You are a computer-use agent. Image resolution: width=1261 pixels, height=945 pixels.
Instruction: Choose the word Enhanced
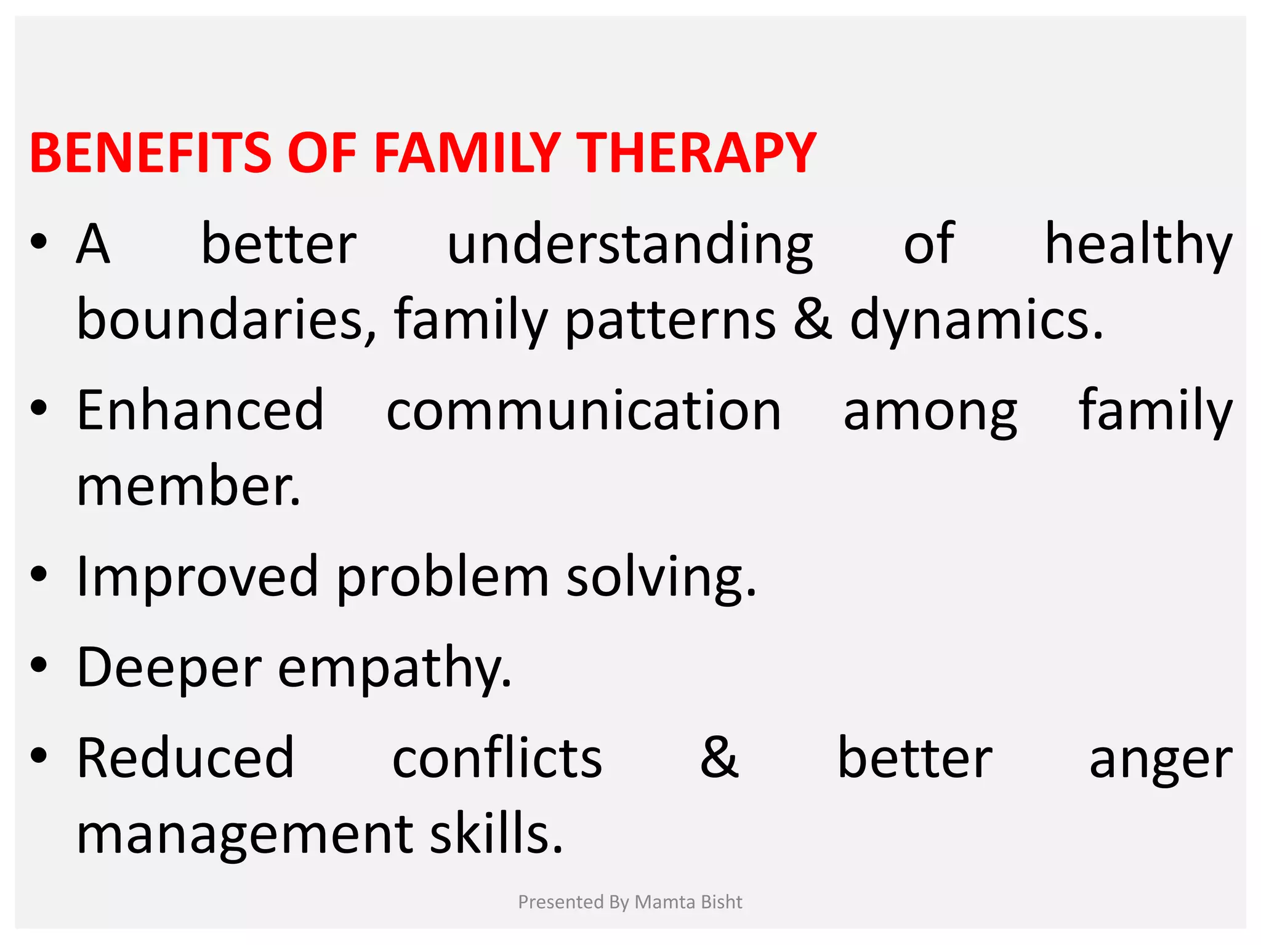[200, 411]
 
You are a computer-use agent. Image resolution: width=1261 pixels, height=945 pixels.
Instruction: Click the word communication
[584, 411]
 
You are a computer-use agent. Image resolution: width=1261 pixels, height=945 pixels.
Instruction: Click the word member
[188, 486]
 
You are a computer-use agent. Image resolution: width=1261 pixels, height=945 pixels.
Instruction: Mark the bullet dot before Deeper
[39, 665]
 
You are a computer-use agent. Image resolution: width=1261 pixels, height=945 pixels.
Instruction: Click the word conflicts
[497, 758]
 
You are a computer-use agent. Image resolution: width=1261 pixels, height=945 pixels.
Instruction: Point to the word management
[244, 835]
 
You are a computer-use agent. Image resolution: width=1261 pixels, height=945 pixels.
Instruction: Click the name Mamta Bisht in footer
[688, 902]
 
